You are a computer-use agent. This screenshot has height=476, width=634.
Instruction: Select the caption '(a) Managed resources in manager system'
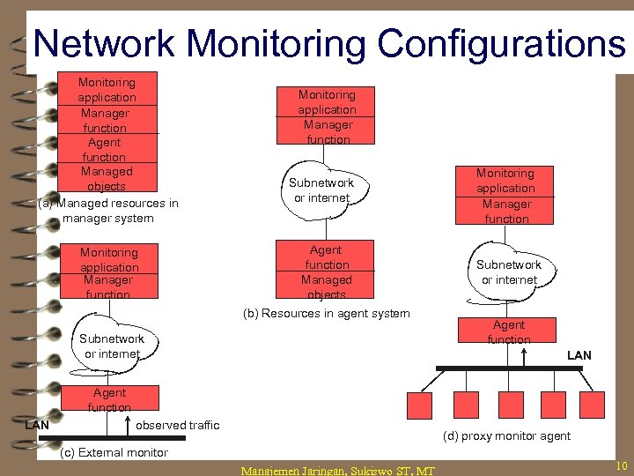pyautogui.click(x=108, y=211)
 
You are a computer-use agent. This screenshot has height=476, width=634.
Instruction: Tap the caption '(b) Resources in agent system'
pyautogui.click(x=326, y=313)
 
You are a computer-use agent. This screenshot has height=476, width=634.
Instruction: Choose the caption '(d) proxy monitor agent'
pyautogui.click(x=506, y=435)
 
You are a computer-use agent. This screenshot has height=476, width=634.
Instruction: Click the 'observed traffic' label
pyautogui.click(x=178, y=425)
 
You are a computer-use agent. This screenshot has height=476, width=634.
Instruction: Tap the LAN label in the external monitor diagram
pyautogui.click(x=36, y=425)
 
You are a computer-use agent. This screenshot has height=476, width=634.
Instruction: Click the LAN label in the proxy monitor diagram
pyautogui.click(x=579, y=355)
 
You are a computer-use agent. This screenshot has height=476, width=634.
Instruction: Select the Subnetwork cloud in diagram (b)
pyautogui.click(x=321, y=190)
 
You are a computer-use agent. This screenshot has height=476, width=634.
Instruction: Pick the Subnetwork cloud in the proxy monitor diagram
pyautogui.click(x=509, y=271)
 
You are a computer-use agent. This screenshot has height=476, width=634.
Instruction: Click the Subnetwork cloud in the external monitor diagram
pyautogui.click(x=112, y=346)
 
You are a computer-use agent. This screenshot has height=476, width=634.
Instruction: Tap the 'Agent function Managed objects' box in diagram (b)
pyautogui.click(x=327, y=271)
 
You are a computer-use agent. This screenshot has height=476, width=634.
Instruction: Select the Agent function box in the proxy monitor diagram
pyautogui.click(x=509, y=331)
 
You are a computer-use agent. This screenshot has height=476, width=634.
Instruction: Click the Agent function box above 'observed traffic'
pyautogui.click(x=109, y=398)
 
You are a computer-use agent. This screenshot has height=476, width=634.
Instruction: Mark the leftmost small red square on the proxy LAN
pyautogui.click(x=418, y=405)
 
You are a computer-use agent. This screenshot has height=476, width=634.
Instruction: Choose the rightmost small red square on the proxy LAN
pyautogui.click(x=601, y=405)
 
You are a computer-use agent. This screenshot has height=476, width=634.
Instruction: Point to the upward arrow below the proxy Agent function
pyautogui.click(x=525, y=354)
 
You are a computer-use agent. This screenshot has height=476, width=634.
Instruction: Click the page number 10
pyautogui.click(x=621, y=465)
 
